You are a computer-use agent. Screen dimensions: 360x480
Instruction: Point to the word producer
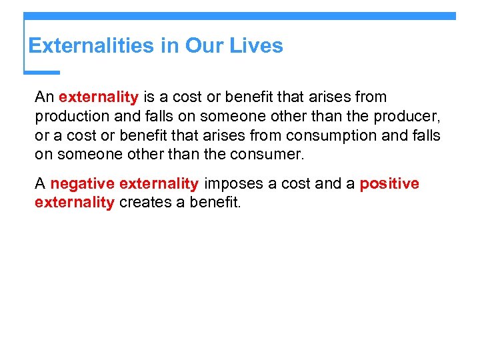pyautogui.click(x=409, y=116)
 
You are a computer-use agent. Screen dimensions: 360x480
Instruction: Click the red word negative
pyautogui.click(x=82, y=183)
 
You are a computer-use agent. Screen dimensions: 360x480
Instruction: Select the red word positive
pyautogui.click(x=389, y=183)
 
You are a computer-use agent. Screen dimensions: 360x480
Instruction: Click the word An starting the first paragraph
pyautogui.click(x=44, y=97)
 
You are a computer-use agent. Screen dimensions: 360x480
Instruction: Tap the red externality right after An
pyautogui.click(x=98, y=97)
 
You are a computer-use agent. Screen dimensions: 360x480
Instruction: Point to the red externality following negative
pyautogui.click(x=159, y=183)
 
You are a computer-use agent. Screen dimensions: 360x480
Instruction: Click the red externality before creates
pyautogui.click(x=74, y=203)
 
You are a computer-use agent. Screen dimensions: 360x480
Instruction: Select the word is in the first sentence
pyautogui.click(x=149, y=97)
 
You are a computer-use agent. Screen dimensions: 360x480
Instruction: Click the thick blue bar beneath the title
pyautogui.click(x=42, y=72)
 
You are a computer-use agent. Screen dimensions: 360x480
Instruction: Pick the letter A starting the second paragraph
pyautogui.click(x=40, y=183)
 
